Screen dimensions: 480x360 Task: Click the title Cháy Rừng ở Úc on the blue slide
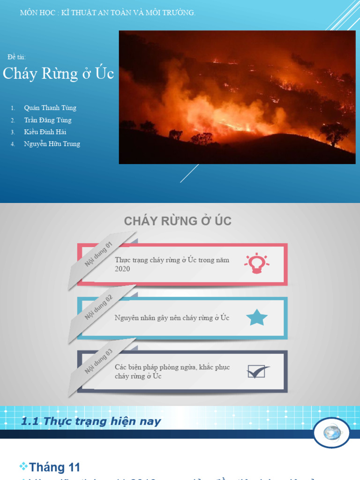coord(59,74)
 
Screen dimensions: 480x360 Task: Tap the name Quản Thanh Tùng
coord(50,108)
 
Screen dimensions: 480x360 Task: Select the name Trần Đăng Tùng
coord(48,120)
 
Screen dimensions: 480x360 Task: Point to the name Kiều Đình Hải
coord(45,132)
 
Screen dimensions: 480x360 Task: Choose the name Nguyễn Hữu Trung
coord(52,144)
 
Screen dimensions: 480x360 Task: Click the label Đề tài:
coord(17,57)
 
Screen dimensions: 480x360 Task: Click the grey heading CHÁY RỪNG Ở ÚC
coord(178,221)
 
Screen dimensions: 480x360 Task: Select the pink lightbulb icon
coord(256,263)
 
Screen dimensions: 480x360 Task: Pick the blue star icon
coord(257,317)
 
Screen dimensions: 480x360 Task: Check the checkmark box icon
coord(257,372)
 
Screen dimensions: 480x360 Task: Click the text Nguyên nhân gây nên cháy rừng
coord(172,318)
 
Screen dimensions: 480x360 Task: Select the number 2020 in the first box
coord(122,269)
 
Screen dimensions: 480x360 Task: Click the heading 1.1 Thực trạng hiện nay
coord(91,421)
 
